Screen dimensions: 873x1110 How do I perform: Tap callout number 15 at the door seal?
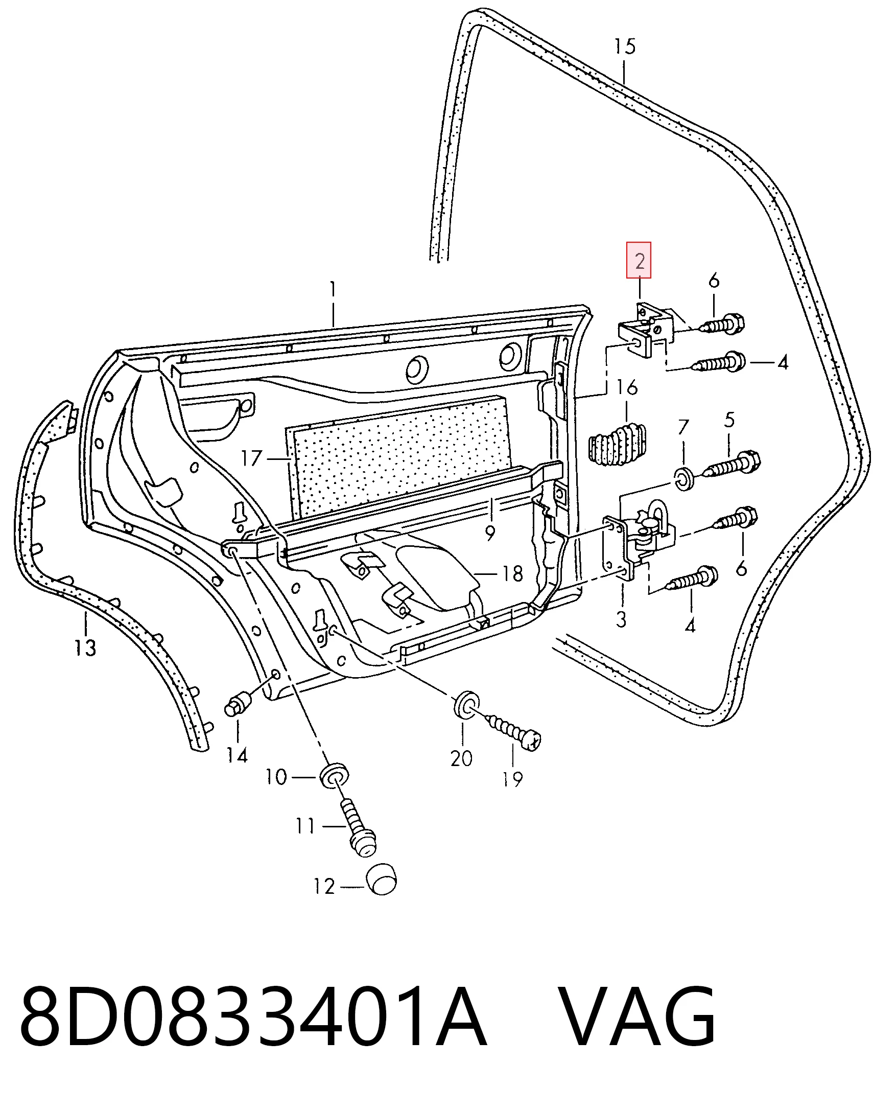(x=625, y=47)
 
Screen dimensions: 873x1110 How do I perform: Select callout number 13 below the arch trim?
(x=85, y=649)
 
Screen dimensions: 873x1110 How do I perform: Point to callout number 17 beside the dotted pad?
(x=251, y=458)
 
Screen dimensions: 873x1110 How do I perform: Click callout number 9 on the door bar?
(x=490, y=533)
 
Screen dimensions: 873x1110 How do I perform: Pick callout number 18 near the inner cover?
(x=512, y=574)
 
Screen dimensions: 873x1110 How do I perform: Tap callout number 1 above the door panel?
(x=333, y=290)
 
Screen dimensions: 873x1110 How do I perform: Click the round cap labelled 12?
(x=382, y=879)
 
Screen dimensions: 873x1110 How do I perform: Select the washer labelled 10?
(x=335, y=777)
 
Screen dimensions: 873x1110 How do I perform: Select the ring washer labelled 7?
(x=684, y=478)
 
